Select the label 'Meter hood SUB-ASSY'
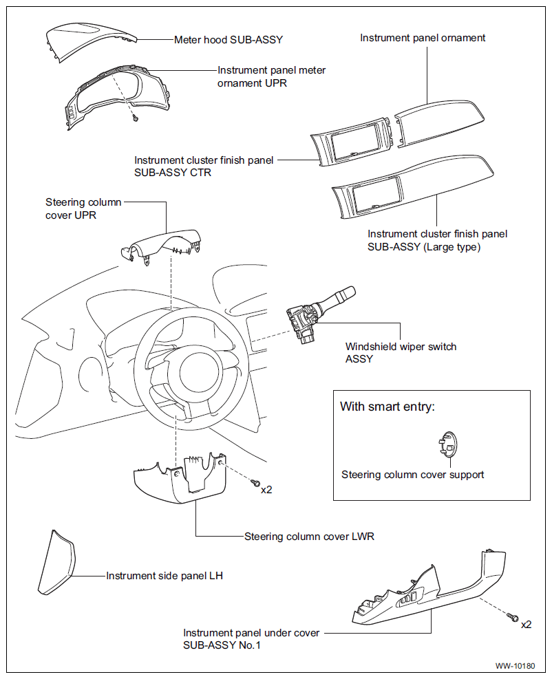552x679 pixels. [x=229, y=40]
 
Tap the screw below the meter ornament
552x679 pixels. [x=136, y=118]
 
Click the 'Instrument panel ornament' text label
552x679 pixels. [x=423, y=38]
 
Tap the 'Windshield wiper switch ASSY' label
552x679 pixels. [x=401, y=352]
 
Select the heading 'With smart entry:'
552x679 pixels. [x=388, y=407]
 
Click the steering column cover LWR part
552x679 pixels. [x=180, y=479]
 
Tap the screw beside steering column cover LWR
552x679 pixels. [x=256, y=482]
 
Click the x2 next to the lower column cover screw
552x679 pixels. [x=266, y=490]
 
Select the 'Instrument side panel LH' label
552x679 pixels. [x=164, y=576]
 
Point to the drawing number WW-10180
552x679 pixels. [x=515, y=666]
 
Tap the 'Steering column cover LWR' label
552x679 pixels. [x=309, y=537]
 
